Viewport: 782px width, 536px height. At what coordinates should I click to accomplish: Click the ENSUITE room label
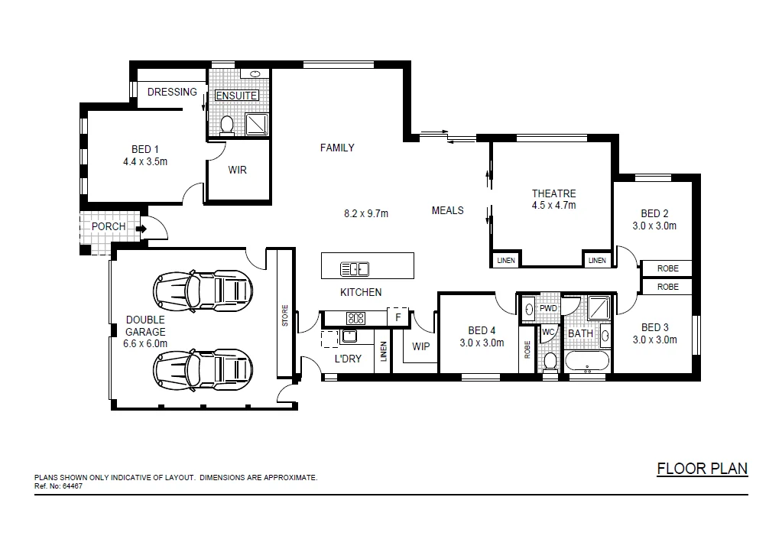pyautogui.click(x=237, y=96)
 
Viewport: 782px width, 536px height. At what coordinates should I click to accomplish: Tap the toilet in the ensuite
pyautogui.click(x=227, y=125)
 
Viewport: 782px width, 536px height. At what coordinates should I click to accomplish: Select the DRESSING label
pyautogui.click(x=172, y=92)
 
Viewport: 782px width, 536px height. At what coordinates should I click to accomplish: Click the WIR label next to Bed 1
pyautogui.click(x=238, y=170)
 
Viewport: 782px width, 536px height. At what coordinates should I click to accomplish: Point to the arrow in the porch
pyautogui.click(x=141, y=228)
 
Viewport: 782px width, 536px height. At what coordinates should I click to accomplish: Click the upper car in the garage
pyautogui.click(x=203, y=288)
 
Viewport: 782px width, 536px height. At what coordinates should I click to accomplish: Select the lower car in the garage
pyautogui.click(x=203, y=370)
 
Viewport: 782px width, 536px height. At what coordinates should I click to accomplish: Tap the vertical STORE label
pyautogui.click(x=285, y=316)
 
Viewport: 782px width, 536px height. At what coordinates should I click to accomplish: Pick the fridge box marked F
pyautogui.click(x=397, y=317)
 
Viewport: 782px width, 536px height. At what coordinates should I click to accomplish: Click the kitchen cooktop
pyautogui.click(x=355, y=317)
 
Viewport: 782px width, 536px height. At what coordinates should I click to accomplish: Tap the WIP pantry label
pyautogui.click(x=420, y=346)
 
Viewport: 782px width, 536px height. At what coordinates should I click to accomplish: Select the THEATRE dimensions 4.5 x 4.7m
pyautogui.click(x=553, y=205)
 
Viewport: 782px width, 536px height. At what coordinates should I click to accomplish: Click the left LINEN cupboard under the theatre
pyautogui.click(x=506, y=261)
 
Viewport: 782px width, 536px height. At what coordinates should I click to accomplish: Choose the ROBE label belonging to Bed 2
pyautogui.click(x=667, y=268)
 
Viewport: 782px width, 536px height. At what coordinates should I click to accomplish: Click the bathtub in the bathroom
pyautogui.click(x=587, y=362)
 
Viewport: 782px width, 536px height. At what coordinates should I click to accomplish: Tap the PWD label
pyautogui.click(x=548, y=309)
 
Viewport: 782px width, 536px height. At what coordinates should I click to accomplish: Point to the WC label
pyautogui.click(x=548, y=333)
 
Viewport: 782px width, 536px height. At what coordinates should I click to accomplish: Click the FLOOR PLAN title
pyautogui.click(x=702, y=469)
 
